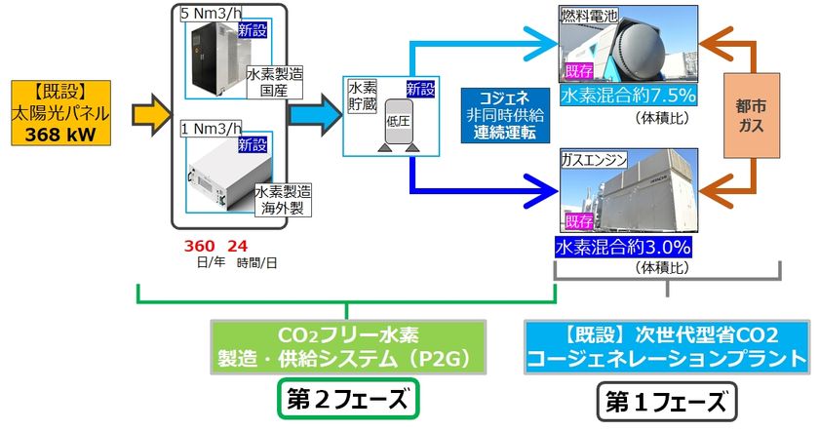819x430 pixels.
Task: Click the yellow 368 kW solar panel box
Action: (61, 113)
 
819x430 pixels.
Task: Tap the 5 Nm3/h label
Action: (212, 14)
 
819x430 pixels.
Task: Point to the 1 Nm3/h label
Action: (212, 128)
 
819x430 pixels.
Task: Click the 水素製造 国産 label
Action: (274, 82)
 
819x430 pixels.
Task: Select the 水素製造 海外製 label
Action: (283, 200)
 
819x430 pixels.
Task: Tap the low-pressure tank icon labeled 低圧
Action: (399, 126)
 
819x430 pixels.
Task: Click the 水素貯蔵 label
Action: (362, 97)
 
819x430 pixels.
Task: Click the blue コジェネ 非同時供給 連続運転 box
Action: (505, 115)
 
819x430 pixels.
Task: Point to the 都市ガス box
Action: (751, 115)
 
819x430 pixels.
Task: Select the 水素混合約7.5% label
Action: (628, 96)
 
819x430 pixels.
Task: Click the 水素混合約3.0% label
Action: (623, 247)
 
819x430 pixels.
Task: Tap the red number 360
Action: (199, 246)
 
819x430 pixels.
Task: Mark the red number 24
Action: (238, 246)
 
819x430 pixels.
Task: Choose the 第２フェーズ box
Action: (348, 398)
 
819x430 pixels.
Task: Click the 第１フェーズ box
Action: (667, 402)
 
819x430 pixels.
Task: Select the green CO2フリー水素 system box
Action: (348, 347)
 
